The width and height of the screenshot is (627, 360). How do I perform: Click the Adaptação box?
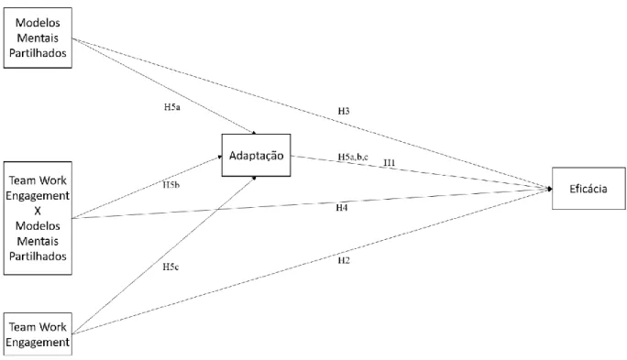tap(256, 155)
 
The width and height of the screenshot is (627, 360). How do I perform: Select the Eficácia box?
tap(588, 189)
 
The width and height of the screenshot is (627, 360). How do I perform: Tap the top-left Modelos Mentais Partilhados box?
tap(38, 38)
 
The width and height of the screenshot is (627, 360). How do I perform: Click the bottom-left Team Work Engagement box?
tap(38, 334)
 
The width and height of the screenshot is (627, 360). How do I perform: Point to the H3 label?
tap(344, 111)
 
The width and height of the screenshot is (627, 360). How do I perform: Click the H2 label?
tap(344, 260)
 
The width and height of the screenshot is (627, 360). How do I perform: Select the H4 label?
tap(342, 208)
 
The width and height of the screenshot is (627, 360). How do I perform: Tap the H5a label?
tap(172, 107)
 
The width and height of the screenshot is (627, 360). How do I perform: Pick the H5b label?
tap(171, 185)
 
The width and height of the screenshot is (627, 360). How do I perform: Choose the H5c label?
tap(170, 267)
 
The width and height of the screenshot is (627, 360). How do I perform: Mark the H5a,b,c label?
tap(353, 157)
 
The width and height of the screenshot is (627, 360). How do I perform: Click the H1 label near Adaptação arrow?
tap(389, 163)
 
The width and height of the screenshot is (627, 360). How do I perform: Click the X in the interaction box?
tap(38, 211)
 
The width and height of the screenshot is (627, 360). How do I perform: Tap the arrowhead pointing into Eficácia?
tap(550, 189)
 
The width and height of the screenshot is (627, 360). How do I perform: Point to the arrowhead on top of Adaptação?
tap(254, 132)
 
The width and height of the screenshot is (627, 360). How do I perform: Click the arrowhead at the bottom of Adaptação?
tap(254, 178)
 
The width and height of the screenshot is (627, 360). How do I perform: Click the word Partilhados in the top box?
tap(38, 53)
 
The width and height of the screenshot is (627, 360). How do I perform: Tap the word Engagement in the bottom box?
tap(38, 343)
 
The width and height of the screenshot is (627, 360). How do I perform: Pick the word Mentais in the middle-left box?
tap(38, 241)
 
